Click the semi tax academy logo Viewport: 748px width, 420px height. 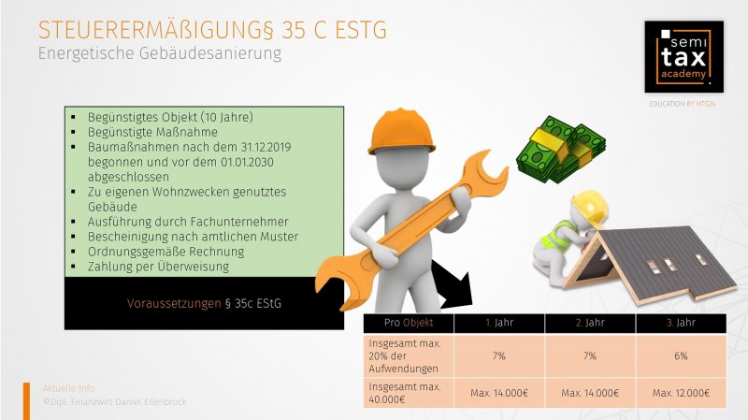pos(683,56)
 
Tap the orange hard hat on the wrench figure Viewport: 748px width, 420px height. pos(401,131)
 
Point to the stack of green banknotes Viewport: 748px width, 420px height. pos(560,150)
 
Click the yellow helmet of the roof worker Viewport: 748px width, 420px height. pos(591,206)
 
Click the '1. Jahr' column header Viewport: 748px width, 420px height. pos(499,323)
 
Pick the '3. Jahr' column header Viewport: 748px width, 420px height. pos(682,323)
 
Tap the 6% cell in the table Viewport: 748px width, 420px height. pos(682,356)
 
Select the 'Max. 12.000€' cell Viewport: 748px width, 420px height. pos(682,393)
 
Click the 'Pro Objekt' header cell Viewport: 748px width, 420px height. pos(409,323)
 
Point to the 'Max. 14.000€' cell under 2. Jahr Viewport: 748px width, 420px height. pos(590,393)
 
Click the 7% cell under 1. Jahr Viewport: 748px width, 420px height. pos(499,356)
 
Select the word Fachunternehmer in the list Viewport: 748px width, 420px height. pos(239,222)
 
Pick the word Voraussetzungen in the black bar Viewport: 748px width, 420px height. pos(174,304)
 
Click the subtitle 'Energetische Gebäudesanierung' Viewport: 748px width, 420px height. pos(160,53)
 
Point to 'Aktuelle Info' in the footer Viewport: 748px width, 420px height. pos(69,388)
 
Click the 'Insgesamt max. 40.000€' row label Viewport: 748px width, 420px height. pos(405,393)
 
